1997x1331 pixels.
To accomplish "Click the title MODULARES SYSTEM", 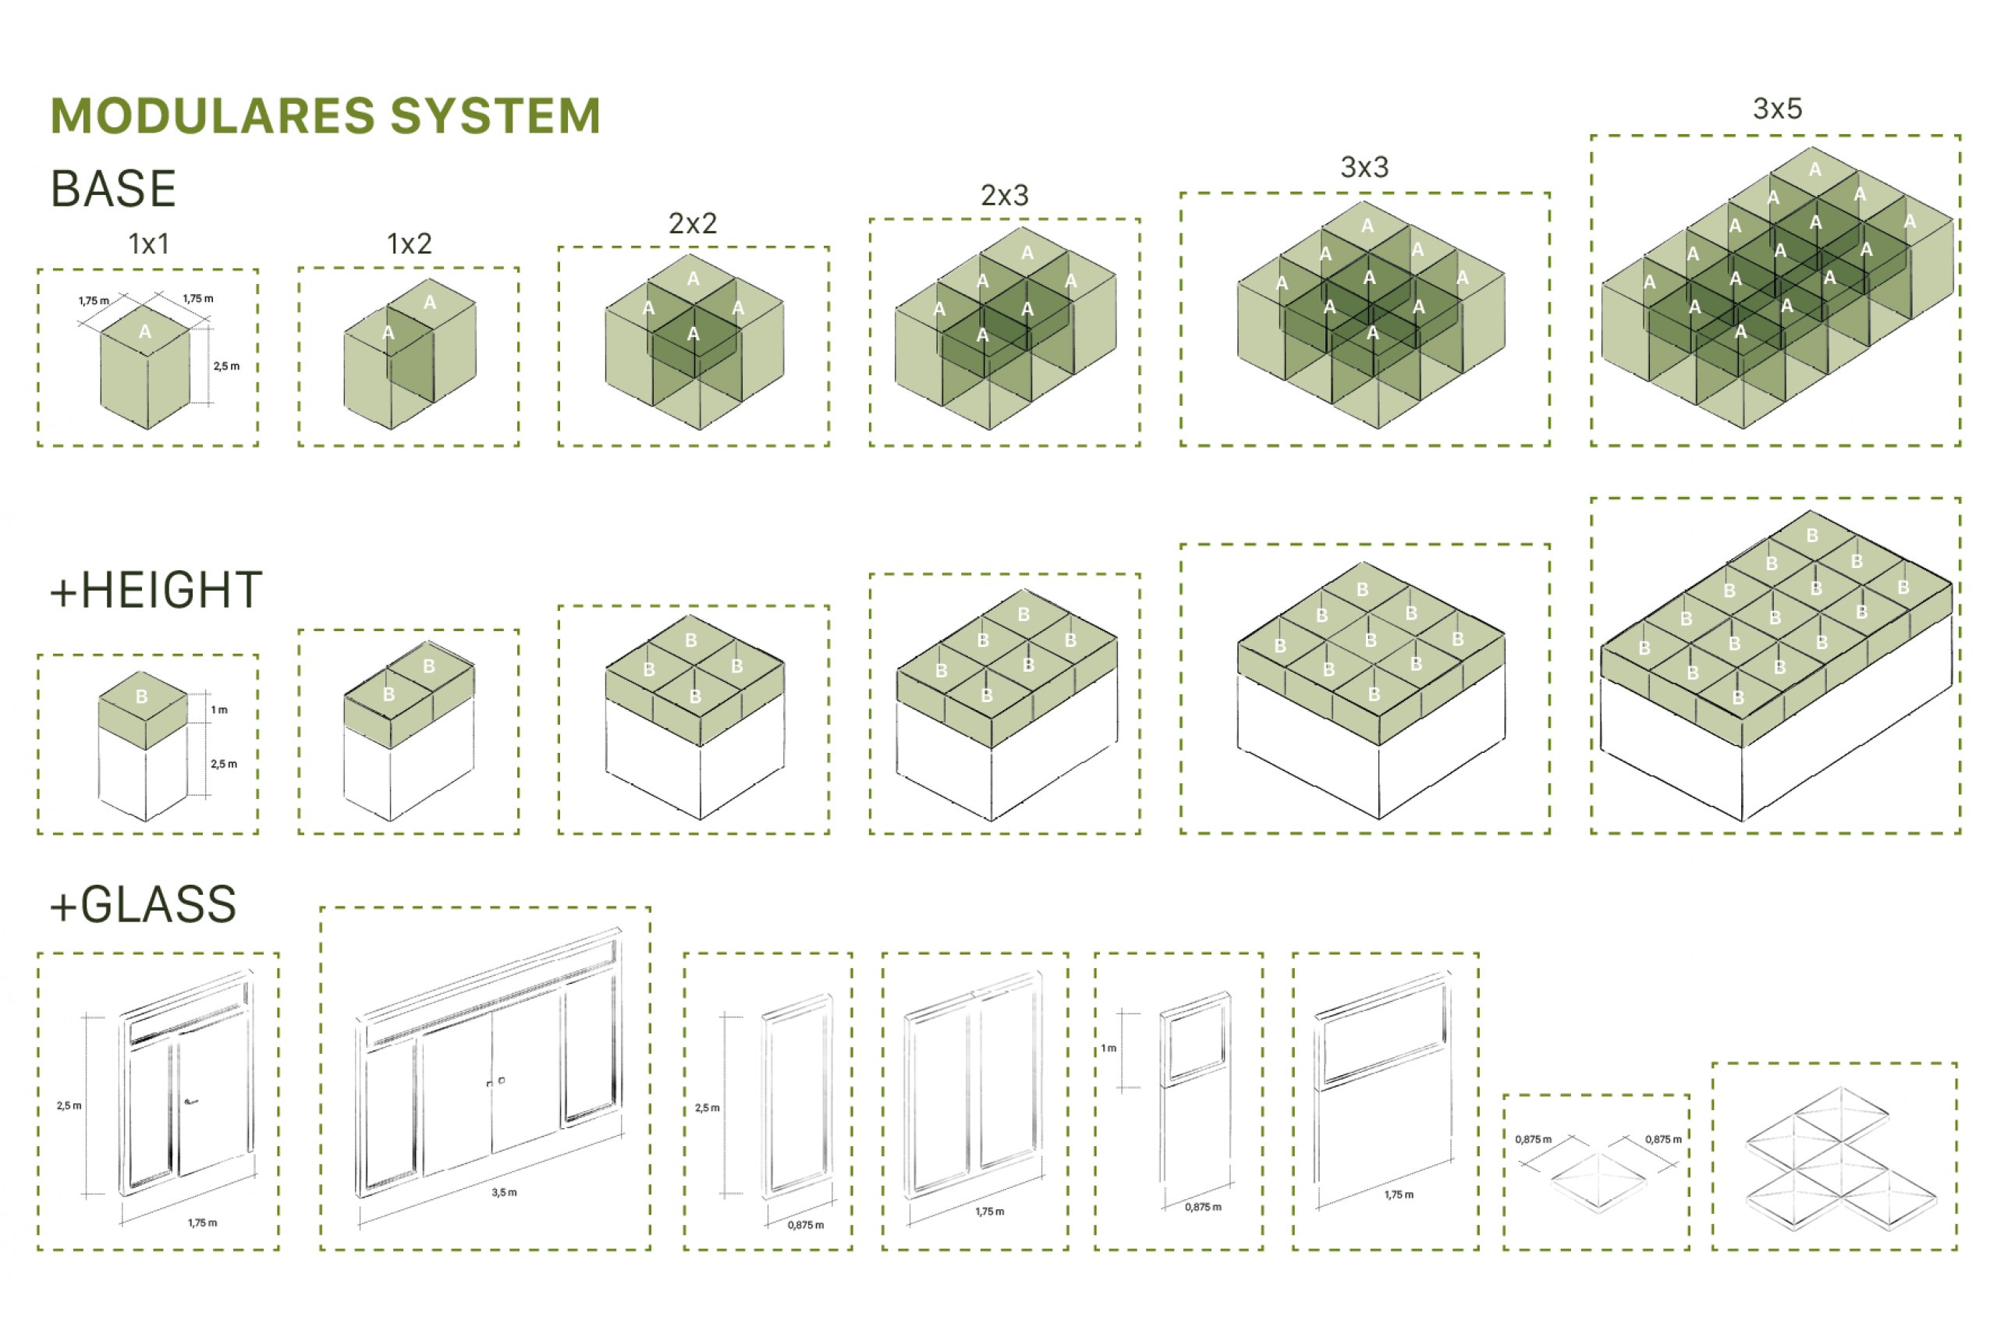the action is pos(326,115).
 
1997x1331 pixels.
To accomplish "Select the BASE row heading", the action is pos(113,189).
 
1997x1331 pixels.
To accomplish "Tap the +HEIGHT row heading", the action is pos(157,590).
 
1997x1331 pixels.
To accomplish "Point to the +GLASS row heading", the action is pos(144,904).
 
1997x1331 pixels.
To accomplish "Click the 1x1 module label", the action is pos(148,244).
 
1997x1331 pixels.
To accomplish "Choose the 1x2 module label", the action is pos(409,244).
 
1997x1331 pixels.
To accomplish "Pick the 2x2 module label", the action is pos(693,223).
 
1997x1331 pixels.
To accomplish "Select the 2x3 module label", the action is pos(1004,195).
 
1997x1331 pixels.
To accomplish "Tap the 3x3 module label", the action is pos(1364,167).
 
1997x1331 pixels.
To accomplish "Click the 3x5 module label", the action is pos(1777,108).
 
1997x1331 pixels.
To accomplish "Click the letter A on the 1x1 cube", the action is pos(145,331).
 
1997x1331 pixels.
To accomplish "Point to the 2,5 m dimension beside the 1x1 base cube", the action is pos(226,367).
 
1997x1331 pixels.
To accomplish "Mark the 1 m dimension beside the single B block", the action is pos(219,710).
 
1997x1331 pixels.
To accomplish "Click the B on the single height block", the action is pos(142,696).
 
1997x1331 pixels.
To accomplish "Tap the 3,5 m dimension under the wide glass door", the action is pos(504,1193).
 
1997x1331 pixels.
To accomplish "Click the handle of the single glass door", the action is pos(191,1102).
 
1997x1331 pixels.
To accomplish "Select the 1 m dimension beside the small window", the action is pos(1108,1049).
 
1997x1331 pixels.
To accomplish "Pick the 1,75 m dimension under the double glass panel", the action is pos(990,1212).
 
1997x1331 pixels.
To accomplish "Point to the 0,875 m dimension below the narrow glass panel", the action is pos(805,1225).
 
